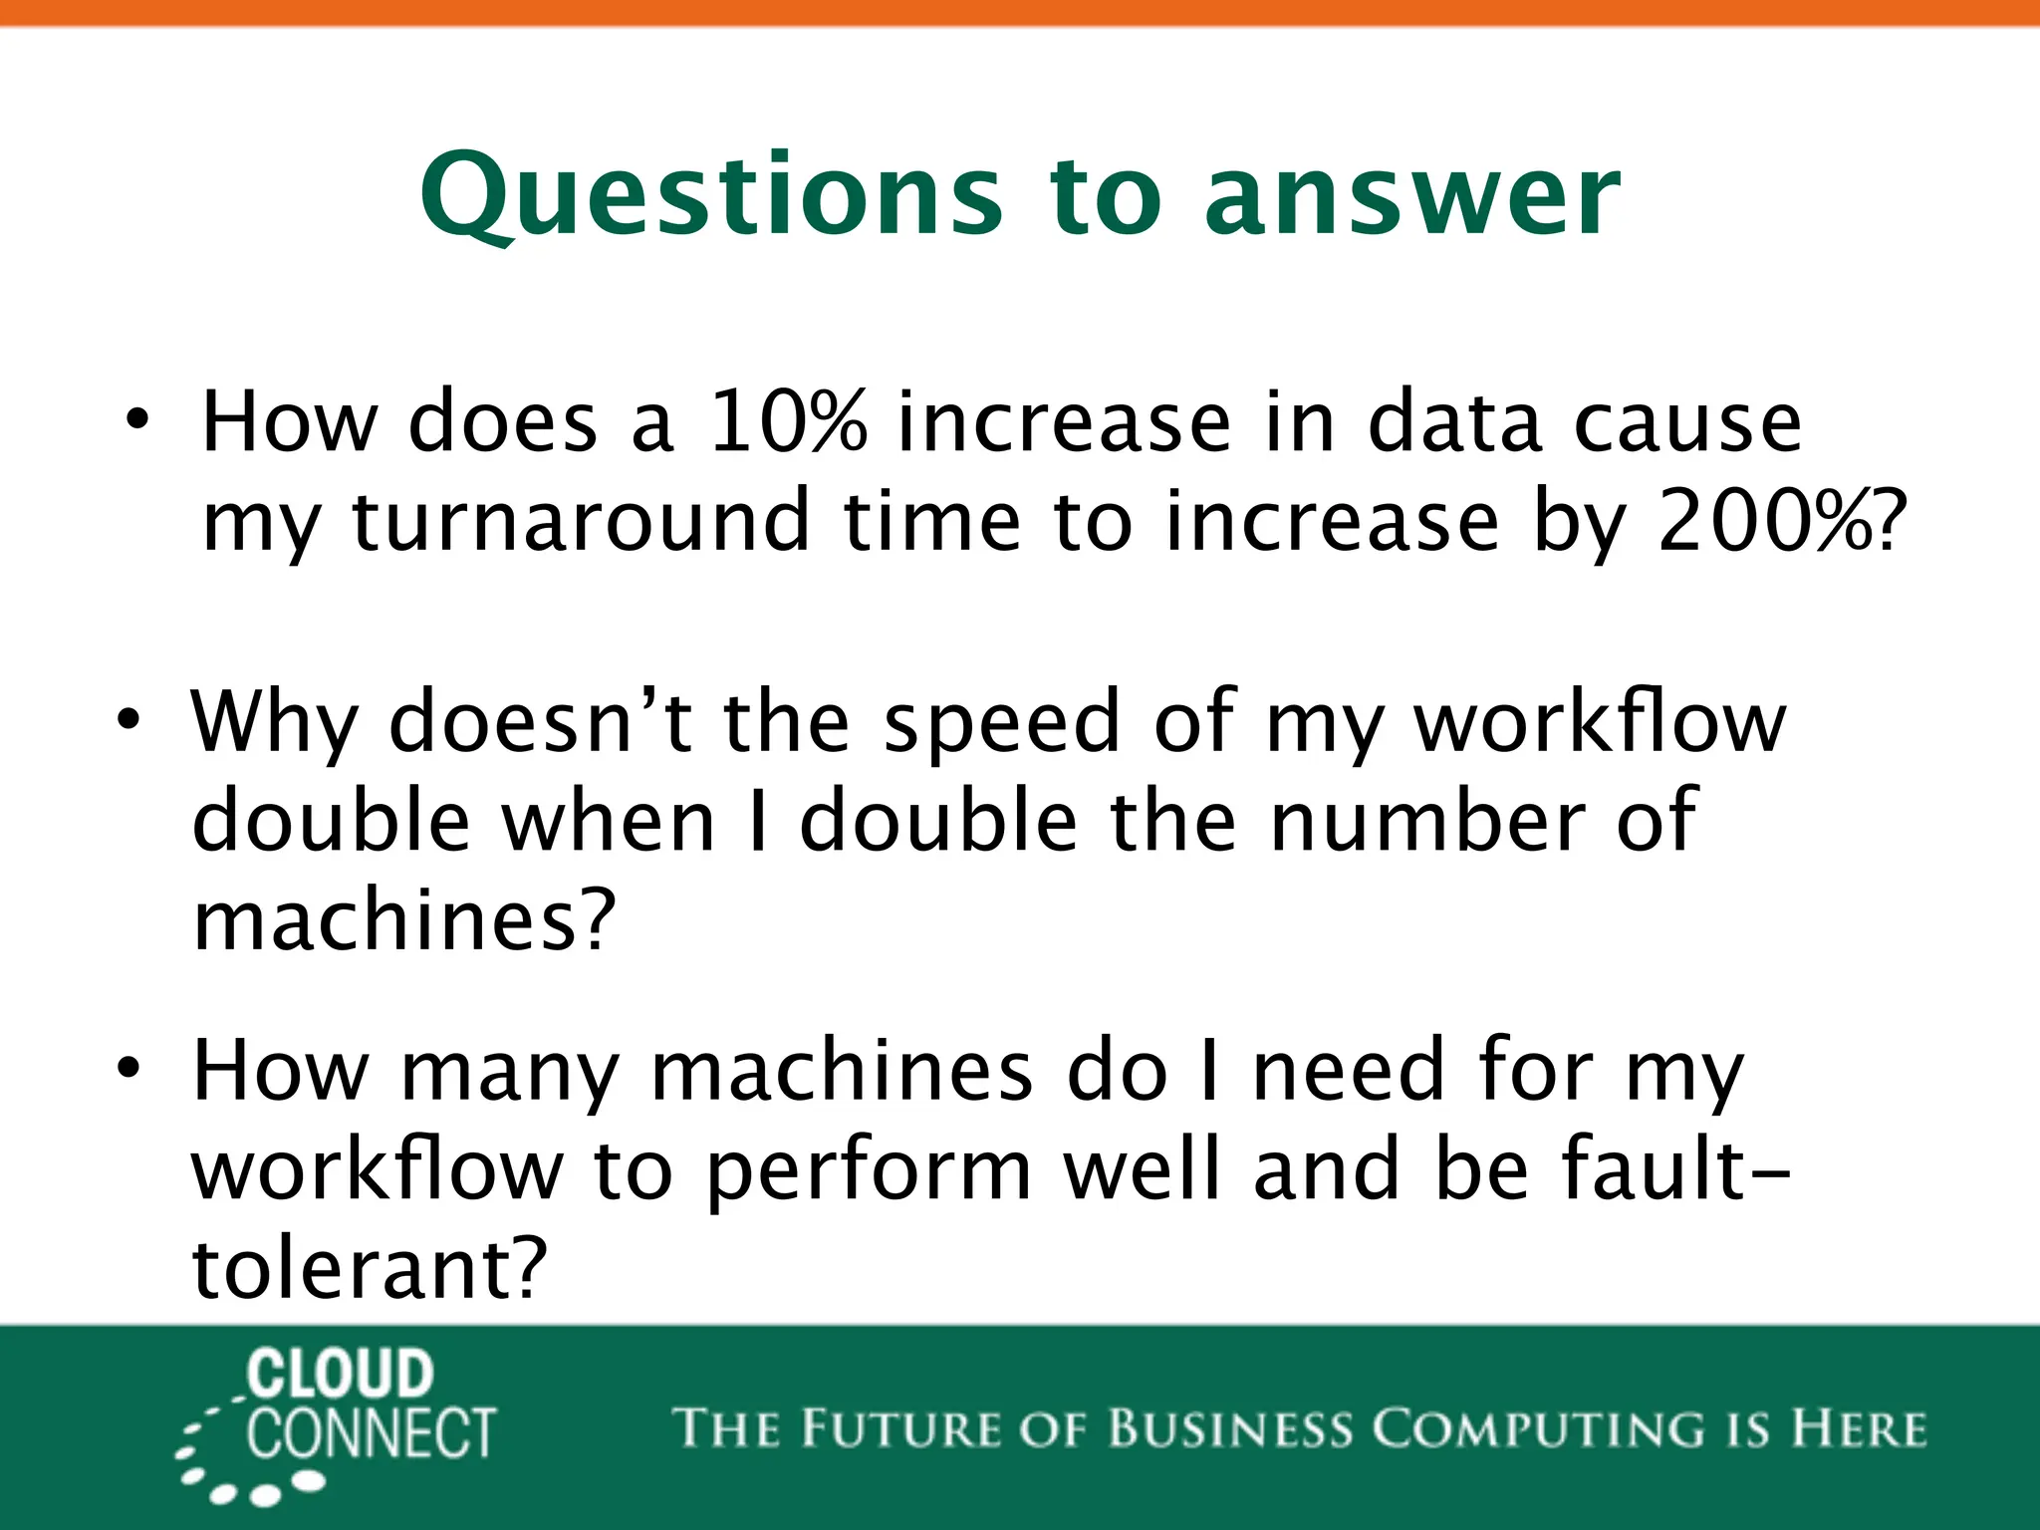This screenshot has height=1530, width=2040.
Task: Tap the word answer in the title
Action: point(1413,197)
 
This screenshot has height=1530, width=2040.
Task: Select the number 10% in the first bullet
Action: point(788,422)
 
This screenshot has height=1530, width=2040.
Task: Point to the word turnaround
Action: point(581,522)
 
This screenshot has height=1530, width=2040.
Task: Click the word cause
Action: point(1687,422)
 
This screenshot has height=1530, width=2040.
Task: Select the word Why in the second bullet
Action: point(274,723)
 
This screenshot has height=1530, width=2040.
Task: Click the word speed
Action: point(1001,723)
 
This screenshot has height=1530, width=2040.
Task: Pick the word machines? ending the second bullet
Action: point(404,920)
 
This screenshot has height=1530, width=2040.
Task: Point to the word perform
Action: point(868,1173)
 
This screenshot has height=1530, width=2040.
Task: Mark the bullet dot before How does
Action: point(137,420)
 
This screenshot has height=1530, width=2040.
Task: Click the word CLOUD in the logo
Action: point(340,1374)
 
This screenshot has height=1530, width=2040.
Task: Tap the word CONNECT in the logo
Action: point(371,1434)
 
